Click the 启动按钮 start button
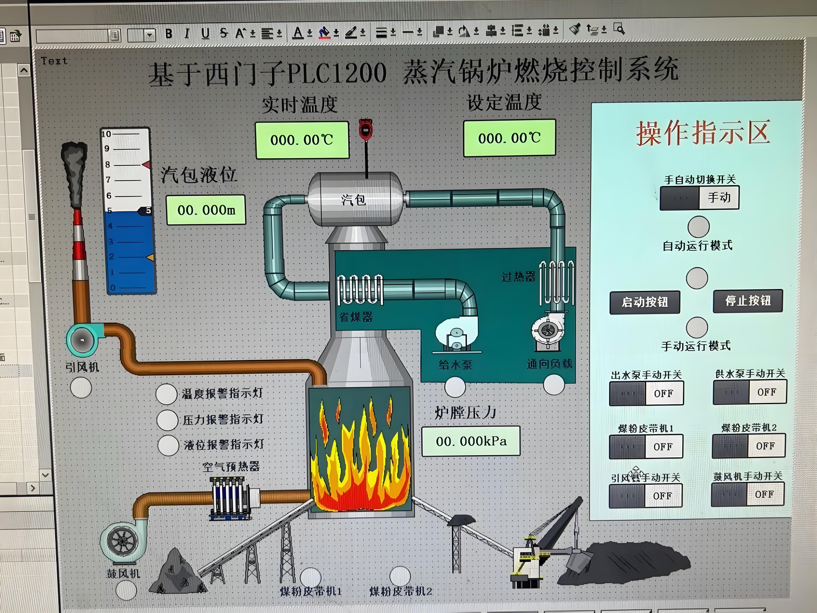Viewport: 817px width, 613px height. pyautogui.click(x=644, y=302)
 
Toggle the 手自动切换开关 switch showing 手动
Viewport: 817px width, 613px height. pyautogui.click(x=699, y=198)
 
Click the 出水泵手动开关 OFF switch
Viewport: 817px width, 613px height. pyautogui.click(x=646, y=393)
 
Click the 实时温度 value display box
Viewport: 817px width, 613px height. pyautogui.click(x=302, y=140)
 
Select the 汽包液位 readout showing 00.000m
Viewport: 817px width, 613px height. pyautogui.click(x=206, y=210)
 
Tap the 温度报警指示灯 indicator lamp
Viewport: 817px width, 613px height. pyautogui.click(x=166, y=394)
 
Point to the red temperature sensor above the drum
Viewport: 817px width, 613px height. pyautogui.click(x=365, y=129)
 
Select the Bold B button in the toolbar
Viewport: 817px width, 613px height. pyautogui.click(x=169, y=34)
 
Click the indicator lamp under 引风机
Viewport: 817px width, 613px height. pyautogui.click(x=81, y=388)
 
